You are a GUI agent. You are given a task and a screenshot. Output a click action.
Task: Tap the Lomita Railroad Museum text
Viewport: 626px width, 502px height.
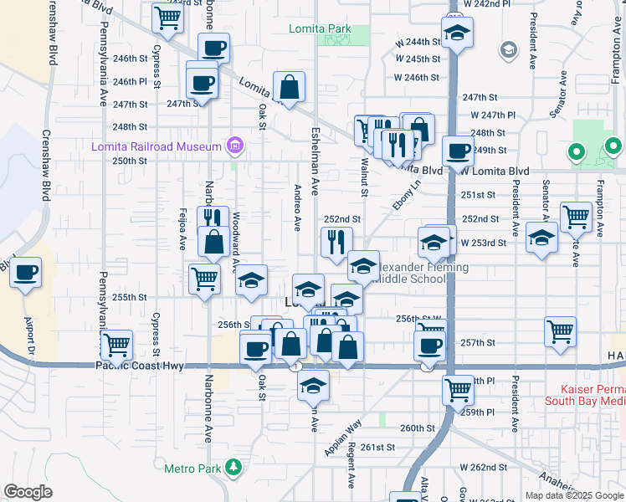click(156, 147)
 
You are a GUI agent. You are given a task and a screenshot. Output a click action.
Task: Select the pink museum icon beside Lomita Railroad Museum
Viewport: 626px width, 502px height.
click(235, 147)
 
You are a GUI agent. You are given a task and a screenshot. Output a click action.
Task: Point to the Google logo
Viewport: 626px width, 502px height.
click(28, 492)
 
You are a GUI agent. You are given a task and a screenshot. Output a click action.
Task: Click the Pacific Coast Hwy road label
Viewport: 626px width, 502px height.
click(139, 366)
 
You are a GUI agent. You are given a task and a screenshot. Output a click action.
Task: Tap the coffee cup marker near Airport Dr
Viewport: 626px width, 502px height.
click(26, 273)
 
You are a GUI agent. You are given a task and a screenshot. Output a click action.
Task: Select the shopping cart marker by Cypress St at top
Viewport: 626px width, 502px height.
click(168, 18)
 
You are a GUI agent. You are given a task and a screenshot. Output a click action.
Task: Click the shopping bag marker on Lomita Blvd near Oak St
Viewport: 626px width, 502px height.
click(289, 87)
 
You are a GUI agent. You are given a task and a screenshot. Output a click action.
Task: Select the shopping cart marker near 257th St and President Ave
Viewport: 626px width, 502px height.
click(560, 330)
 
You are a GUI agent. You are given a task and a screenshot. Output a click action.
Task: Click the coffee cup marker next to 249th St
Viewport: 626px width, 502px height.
click(458, 151)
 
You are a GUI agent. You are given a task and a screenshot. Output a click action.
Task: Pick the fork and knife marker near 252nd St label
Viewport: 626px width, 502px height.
click(336, 243)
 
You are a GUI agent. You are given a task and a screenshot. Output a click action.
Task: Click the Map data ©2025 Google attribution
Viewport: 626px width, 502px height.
click(573, 495)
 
